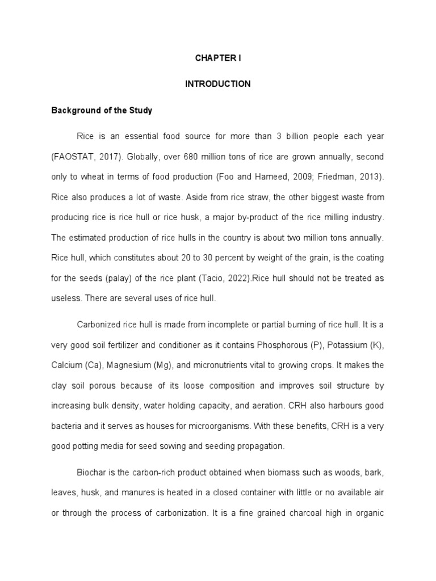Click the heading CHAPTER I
pyautogui.click(x=218, y=57)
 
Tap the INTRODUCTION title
pyautogui.click(x=218, y=84)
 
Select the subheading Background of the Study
pyautogui.click(x=102, y=111)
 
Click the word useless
pyautogui.click(x=66, y=298)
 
